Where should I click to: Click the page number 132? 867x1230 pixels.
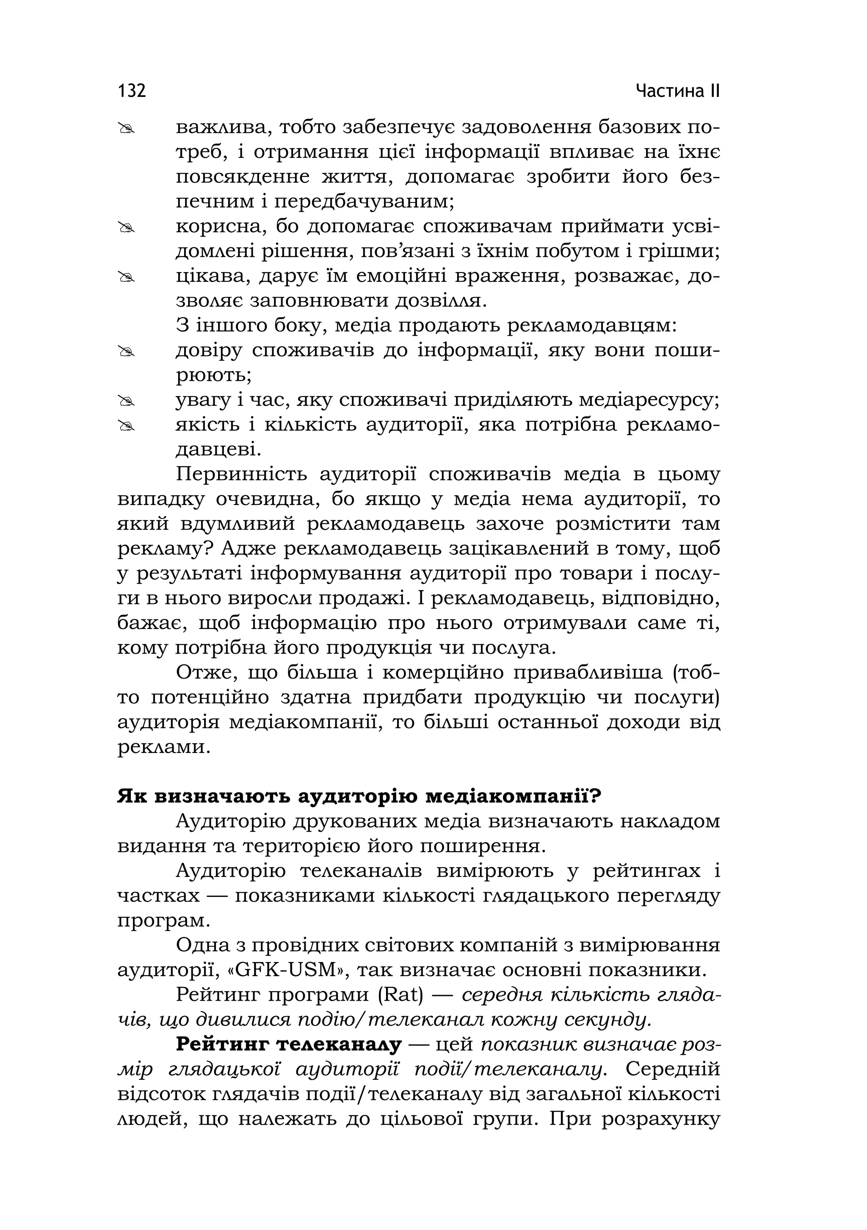[131, 91]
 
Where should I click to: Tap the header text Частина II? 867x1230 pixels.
[678, 91]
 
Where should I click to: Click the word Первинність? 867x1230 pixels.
[241, 474]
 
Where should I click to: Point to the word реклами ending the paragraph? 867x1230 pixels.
[161, 747]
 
